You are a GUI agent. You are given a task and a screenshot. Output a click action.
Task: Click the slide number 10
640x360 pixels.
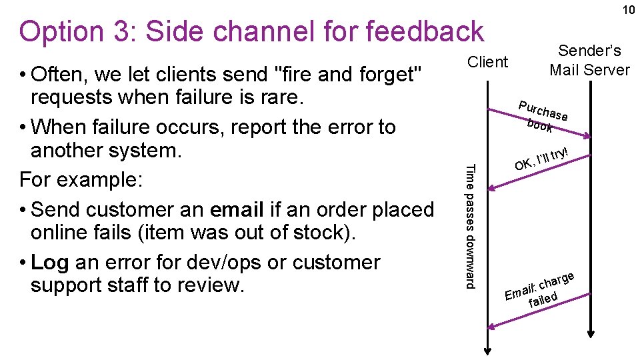point(628,10)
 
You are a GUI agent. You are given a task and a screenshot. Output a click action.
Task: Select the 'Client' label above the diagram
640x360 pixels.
point(487,62)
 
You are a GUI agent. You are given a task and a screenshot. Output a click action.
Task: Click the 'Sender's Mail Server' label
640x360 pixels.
point(589,60)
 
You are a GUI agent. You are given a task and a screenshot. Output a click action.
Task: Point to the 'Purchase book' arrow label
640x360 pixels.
point(543,115)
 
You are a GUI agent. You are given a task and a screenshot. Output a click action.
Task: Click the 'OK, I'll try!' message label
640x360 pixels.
point(541,158)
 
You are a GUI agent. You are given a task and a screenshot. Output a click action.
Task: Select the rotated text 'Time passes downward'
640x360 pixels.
point(471,226)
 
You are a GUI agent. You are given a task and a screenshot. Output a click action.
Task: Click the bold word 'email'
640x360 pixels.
point(237,209)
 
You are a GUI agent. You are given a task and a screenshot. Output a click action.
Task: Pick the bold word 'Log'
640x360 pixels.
point(50,263)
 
